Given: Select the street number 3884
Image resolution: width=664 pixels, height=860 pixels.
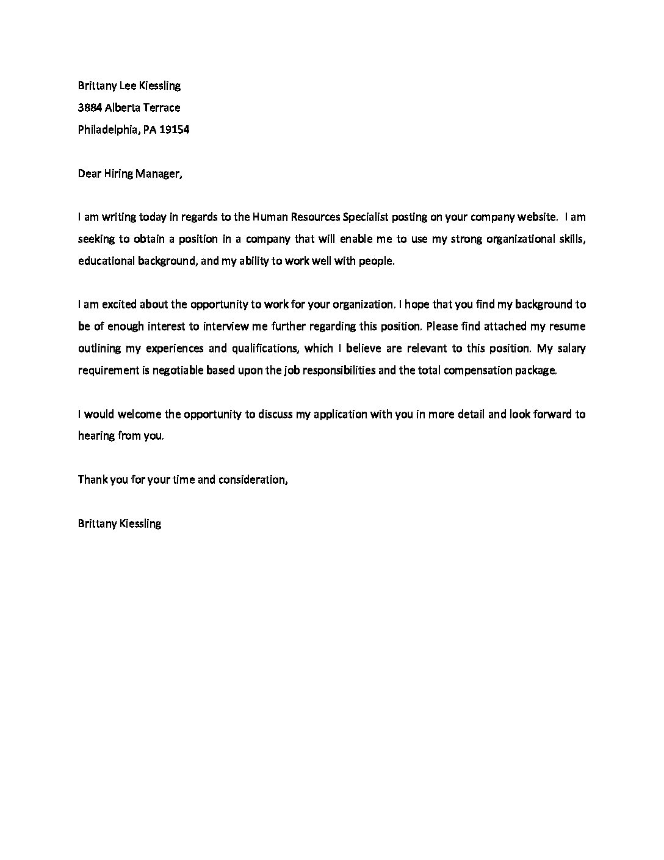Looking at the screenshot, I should (x=90, y=107).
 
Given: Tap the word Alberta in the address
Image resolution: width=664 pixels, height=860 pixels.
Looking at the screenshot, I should (x=125, y=107).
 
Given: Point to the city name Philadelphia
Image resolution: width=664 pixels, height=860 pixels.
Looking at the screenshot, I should (x=108, y=129).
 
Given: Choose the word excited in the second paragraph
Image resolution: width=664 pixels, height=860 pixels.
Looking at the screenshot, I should (x=118, y=304).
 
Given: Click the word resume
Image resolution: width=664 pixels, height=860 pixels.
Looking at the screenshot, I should (x=568, y=326).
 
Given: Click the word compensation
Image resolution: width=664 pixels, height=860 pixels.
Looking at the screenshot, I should (x=479, y=370).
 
